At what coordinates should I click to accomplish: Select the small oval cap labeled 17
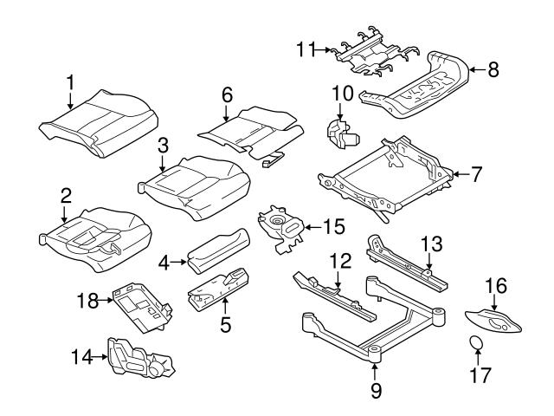[476, 344]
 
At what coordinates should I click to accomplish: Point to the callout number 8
[493, 70]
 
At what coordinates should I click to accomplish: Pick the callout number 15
[333, 226]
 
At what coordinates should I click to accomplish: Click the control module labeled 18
[138, 302]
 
